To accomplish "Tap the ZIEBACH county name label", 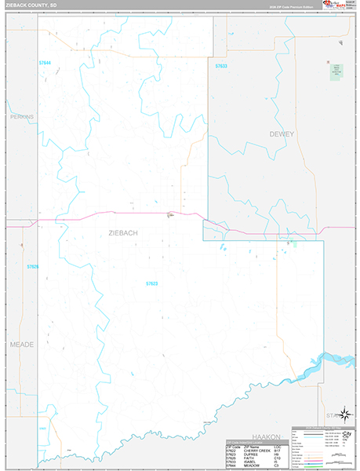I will coord(112,233).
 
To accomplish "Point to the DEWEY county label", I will coord(282,134).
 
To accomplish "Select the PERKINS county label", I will coord(23,115).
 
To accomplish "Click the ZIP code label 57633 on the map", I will coord(220,67).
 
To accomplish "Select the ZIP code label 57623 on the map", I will coord(152,283).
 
